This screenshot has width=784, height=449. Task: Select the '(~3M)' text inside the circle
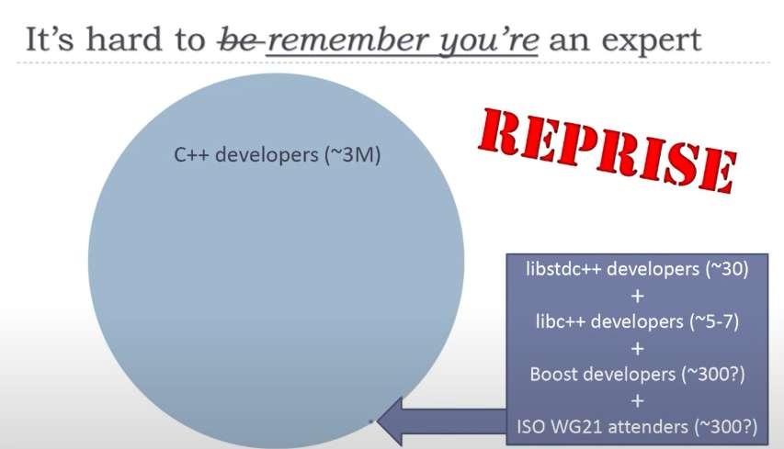click(349, 155)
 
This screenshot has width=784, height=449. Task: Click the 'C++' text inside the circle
click(191, 155)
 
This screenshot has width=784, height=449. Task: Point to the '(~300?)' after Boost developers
click(716, 374)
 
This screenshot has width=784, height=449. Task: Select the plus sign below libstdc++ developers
click(638, 297)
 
